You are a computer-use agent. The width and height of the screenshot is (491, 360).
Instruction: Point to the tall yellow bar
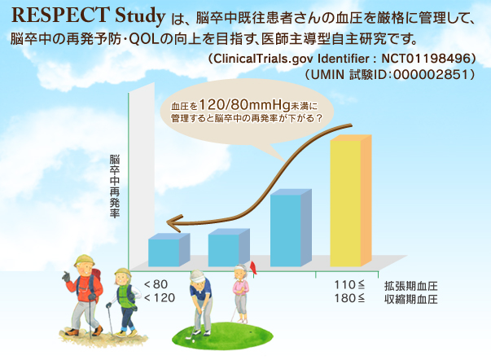coord(346,204)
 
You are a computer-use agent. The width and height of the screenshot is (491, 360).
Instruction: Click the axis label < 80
coord(156,284)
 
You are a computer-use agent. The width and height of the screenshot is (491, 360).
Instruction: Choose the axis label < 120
coord(159,298)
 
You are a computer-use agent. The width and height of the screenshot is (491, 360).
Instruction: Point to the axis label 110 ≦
coord(349,285)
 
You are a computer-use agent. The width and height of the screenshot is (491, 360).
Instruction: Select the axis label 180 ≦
coord(349,299)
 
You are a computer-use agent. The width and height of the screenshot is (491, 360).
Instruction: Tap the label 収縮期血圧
coord(411,299)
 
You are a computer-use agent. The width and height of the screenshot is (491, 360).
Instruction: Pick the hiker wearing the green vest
coord(124,297)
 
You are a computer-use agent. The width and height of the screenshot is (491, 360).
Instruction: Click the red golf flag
coord(253,265)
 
